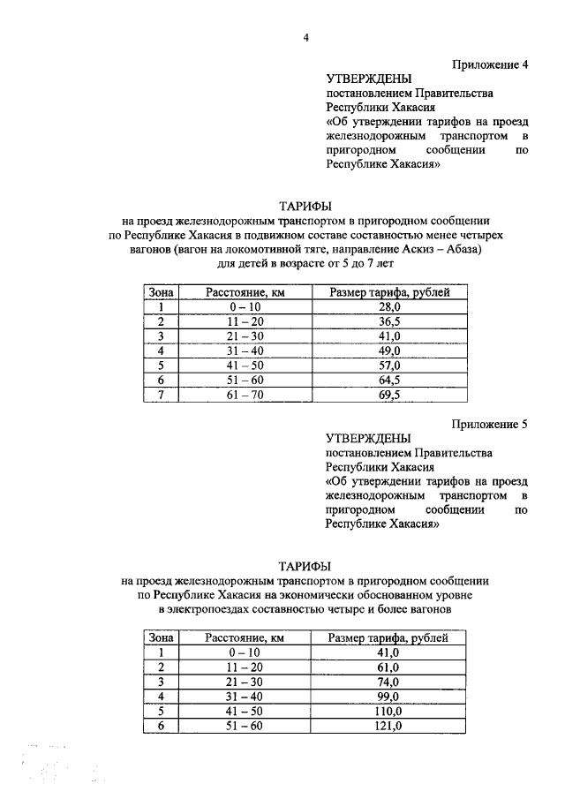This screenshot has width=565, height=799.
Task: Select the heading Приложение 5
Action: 490,423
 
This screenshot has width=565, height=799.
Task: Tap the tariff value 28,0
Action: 389,306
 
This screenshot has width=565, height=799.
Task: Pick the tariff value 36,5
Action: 389,321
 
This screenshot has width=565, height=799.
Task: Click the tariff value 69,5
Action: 389,396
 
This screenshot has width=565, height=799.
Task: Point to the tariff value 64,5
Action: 389,381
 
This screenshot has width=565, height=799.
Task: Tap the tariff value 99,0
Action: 388,696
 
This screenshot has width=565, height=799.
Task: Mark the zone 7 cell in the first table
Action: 162,396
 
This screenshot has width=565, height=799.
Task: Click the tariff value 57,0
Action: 389,366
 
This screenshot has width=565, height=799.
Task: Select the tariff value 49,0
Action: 389,351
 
